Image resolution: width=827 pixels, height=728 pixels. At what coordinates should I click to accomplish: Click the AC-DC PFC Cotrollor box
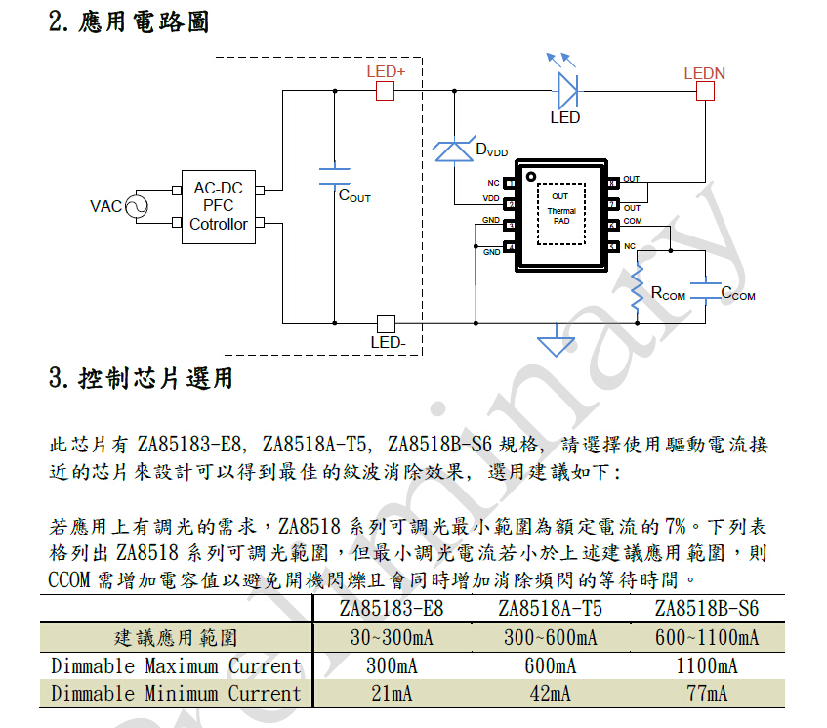[x=219, y=206]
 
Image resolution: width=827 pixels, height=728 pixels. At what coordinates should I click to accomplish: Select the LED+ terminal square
[x=385, y=92]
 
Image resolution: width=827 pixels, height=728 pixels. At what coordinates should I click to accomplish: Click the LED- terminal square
[x=385, y=323]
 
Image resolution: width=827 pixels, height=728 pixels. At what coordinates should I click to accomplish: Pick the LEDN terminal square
[x=704, y=92]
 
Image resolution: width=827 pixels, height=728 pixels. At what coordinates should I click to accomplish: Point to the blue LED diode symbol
[x=567, y=91]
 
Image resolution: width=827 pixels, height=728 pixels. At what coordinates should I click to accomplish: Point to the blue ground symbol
[x=557, y=343]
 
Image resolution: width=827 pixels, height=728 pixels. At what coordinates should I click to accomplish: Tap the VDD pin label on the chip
[x=491, y=199]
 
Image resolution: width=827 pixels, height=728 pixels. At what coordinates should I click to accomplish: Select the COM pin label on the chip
[x=633, y=222]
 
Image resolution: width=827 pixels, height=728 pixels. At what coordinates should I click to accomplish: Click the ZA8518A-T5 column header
[x=550, y=610]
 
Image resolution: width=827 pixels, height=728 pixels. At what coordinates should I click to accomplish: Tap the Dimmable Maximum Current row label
[x=176, y=666]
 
